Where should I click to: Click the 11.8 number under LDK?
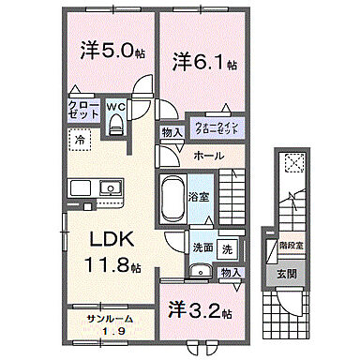pos(109,266)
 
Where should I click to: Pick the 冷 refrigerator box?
pos(80,142)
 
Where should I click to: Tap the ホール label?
pos(209,157)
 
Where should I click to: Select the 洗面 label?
pos(202,248)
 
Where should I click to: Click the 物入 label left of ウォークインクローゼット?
pos(172,133)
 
